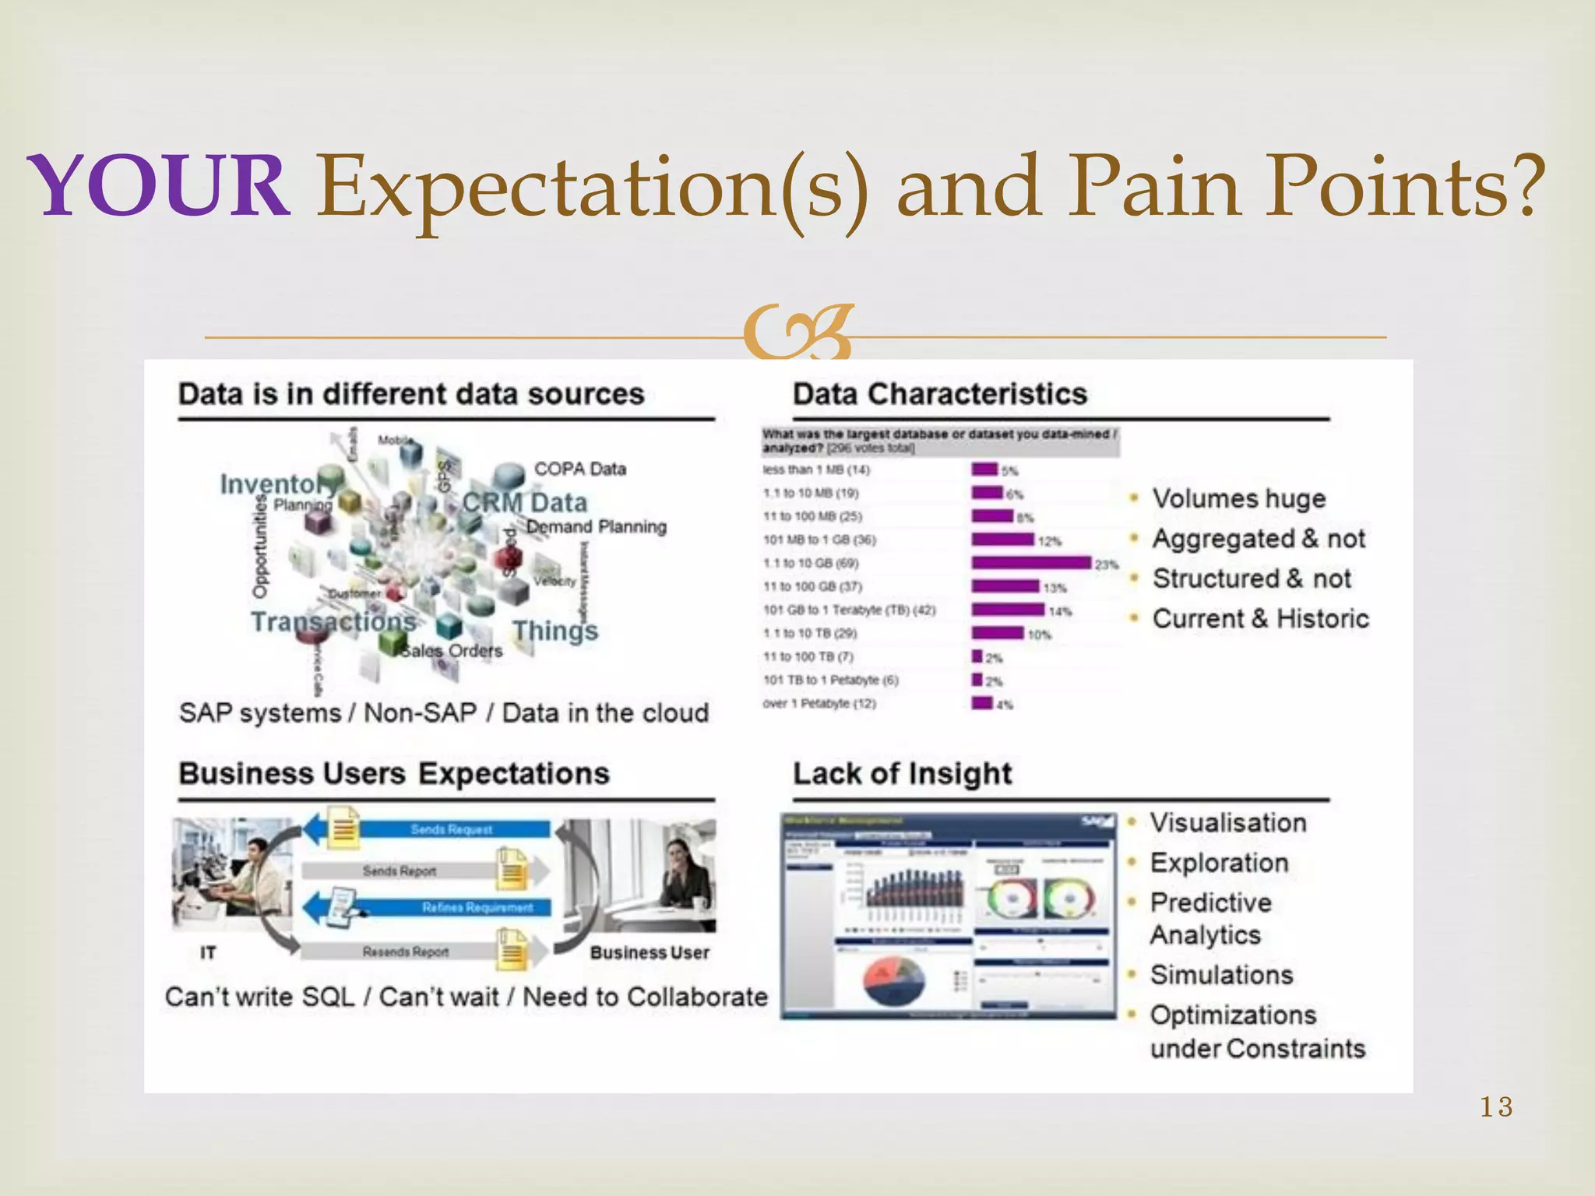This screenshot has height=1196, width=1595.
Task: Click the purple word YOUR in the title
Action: (x=159, y=187)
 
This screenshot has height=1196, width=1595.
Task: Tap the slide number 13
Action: (x=1496, y=1106)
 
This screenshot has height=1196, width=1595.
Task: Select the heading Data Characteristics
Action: (x=939, y=394)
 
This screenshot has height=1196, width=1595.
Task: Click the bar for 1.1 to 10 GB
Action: (x=1030, y=563)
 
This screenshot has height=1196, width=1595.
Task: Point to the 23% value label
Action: (x=1106, y=565)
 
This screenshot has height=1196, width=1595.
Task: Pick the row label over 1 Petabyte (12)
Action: (x=819, y=704)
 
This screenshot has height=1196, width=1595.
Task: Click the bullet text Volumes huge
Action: (x=1238, y=498)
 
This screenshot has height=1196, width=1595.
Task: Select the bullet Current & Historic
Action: (x=1260, y=619)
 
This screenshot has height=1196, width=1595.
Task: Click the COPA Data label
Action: (x=579, y=469)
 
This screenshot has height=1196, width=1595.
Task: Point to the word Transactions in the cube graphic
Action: (x=333, y=621)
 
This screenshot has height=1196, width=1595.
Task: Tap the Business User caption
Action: (x=649, y=953)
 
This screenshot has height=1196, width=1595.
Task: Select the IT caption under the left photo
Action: (x=208, y=953)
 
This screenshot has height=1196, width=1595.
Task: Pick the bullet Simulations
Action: (x=1220, y=975)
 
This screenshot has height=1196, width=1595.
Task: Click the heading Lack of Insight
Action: (x=902, y=774)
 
